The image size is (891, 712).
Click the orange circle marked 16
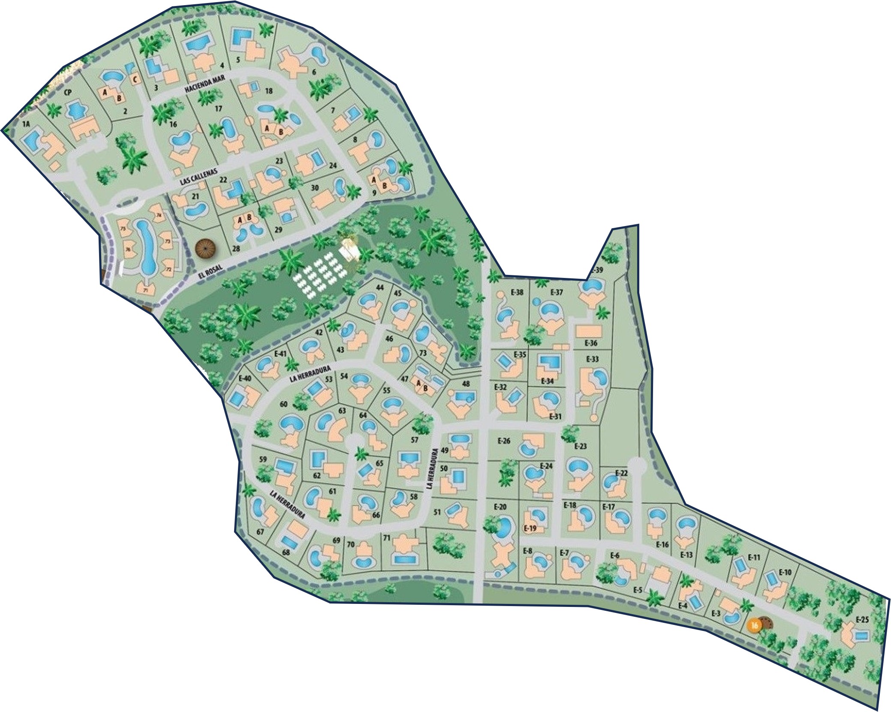(x=754, y=625)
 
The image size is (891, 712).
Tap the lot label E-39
(x=596, y=270)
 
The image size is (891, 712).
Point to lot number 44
(x=379, y=287)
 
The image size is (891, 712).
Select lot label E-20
(x=500, y=507)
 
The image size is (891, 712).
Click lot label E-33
(x=592, y=359)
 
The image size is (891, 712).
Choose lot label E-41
(x=280, y=354)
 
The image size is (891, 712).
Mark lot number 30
(x=315, y=187)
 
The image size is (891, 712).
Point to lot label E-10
(x=785, y=572)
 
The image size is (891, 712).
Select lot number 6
(x=314, y=72)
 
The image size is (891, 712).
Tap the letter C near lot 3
(x=135, y=79)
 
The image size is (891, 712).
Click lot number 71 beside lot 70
(x=386, y=538)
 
